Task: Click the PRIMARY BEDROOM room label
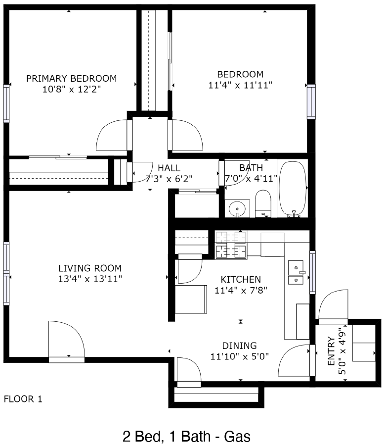point(72,78)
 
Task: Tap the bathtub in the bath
point(293,189)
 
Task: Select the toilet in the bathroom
point(263,203)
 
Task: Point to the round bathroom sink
point(237,209)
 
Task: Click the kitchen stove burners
point(231,245)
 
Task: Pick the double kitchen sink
point(296,272)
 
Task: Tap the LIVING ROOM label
point(90,268)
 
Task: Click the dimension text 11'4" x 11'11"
point(240,85)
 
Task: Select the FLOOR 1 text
point(23,399)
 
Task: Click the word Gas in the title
point(237,437)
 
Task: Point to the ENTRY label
point(331,351)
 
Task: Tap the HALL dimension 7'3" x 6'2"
point(169,179)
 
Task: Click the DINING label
point(239,346)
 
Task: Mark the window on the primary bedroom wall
point(6,104)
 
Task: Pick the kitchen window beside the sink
point(312,272)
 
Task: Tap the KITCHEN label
point(241,279)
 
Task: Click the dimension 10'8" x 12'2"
point(72,90)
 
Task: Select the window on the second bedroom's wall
point(311,102)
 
